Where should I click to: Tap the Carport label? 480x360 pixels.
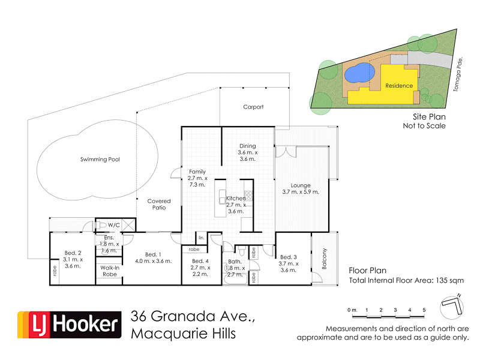[x=253, y=107]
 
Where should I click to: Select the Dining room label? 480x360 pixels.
[x=248, y=152]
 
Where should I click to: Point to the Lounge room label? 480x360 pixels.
[x=301, y=188]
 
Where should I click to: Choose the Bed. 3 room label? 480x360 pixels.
[x=288, y=263]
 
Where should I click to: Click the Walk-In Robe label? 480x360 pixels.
[x=109, y=271]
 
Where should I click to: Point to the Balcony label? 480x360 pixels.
[x=323, y=259]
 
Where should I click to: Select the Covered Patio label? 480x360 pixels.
[x=159, y=205]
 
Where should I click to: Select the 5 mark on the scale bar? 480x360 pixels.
[x=424, y=310]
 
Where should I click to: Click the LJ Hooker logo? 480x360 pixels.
[x=68, y=325]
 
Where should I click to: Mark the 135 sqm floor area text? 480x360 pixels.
[x=448, y=280]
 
